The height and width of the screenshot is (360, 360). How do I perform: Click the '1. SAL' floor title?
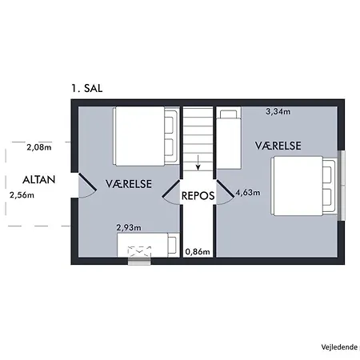coord(87,88)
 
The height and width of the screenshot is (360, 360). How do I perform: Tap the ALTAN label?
coord(39,180)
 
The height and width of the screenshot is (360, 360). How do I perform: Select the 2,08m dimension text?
coord(39,147)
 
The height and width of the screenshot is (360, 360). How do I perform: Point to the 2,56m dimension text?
coord(22,195)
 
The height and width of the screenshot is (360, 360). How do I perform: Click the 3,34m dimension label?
coord(278,111)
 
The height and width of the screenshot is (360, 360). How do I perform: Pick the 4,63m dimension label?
coord(248,192)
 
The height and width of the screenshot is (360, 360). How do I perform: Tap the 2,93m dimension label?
coord(129,227)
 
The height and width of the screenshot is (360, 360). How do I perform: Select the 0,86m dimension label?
coord(198,251)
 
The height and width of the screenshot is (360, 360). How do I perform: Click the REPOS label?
coord(198,196)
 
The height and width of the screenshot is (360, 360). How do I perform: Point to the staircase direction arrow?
coord(198,162)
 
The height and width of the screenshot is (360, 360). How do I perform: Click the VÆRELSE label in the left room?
coord(129,184)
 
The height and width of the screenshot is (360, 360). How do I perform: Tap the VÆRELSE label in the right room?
coord(278,146)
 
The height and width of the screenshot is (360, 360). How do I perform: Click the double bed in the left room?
coord(146,136)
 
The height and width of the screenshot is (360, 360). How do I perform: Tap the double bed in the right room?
coord(303,186)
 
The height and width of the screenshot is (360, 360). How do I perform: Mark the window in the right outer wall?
coord(342,186)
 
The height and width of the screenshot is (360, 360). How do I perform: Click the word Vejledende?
coord(339,347)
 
